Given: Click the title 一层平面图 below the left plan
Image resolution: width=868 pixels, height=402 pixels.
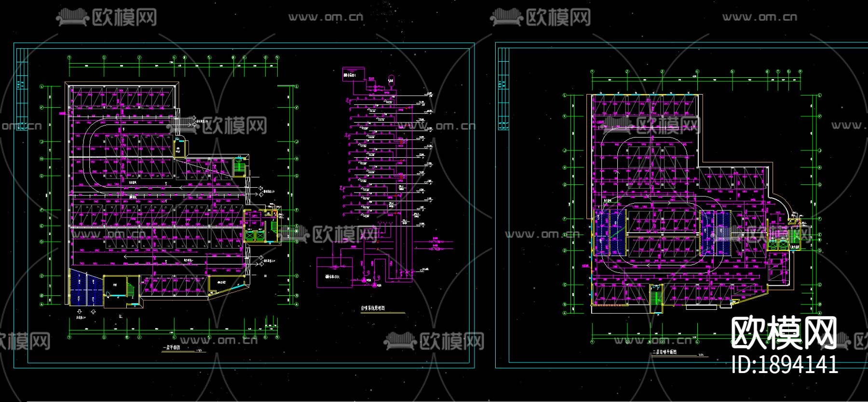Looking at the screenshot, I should tap(172, 347).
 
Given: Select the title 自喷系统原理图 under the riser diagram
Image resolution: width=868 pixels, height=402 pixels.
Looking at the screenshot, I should tap(373, 308).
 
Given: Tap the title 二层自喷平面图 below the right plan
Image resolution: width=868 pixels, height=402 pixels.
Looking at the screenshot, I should tap(664, 352).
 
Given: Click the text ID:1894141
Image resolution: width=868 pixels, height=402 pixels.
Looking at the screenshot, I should tap(785, 364).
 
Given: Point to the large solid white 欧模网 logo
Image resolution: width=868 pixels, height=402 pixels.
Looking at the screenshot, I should tap(784, 333).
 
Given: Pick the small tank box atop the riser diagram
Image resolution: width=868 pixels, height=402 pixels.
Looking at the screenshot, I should tap(350, 75).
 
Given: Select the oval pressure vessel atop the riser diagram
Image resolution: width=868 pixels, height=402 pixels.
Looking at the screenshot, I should tap(391, 80).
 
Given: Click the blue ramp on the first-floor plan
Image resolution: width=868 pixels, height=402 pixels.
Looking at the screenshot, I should tap(86, 289).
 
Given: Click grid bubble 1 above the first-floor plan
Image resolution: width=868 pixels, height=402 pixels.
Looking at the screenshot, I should tap(69, 57).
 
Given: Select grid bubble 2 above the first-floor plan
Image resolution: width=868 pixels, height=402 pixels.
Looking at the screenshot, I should tap(104, 57).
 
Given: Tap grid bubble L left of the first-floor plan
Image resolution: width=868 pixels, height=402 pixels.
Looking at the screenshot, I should tap(42, 86).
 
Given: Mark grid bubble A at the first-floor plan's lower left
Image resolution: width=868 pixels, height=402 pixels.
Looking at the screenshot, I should tap(42, 305).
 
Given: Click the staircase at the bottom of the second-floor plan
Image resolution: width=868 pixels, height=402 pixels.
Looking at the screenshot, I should tap(656, 295).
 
